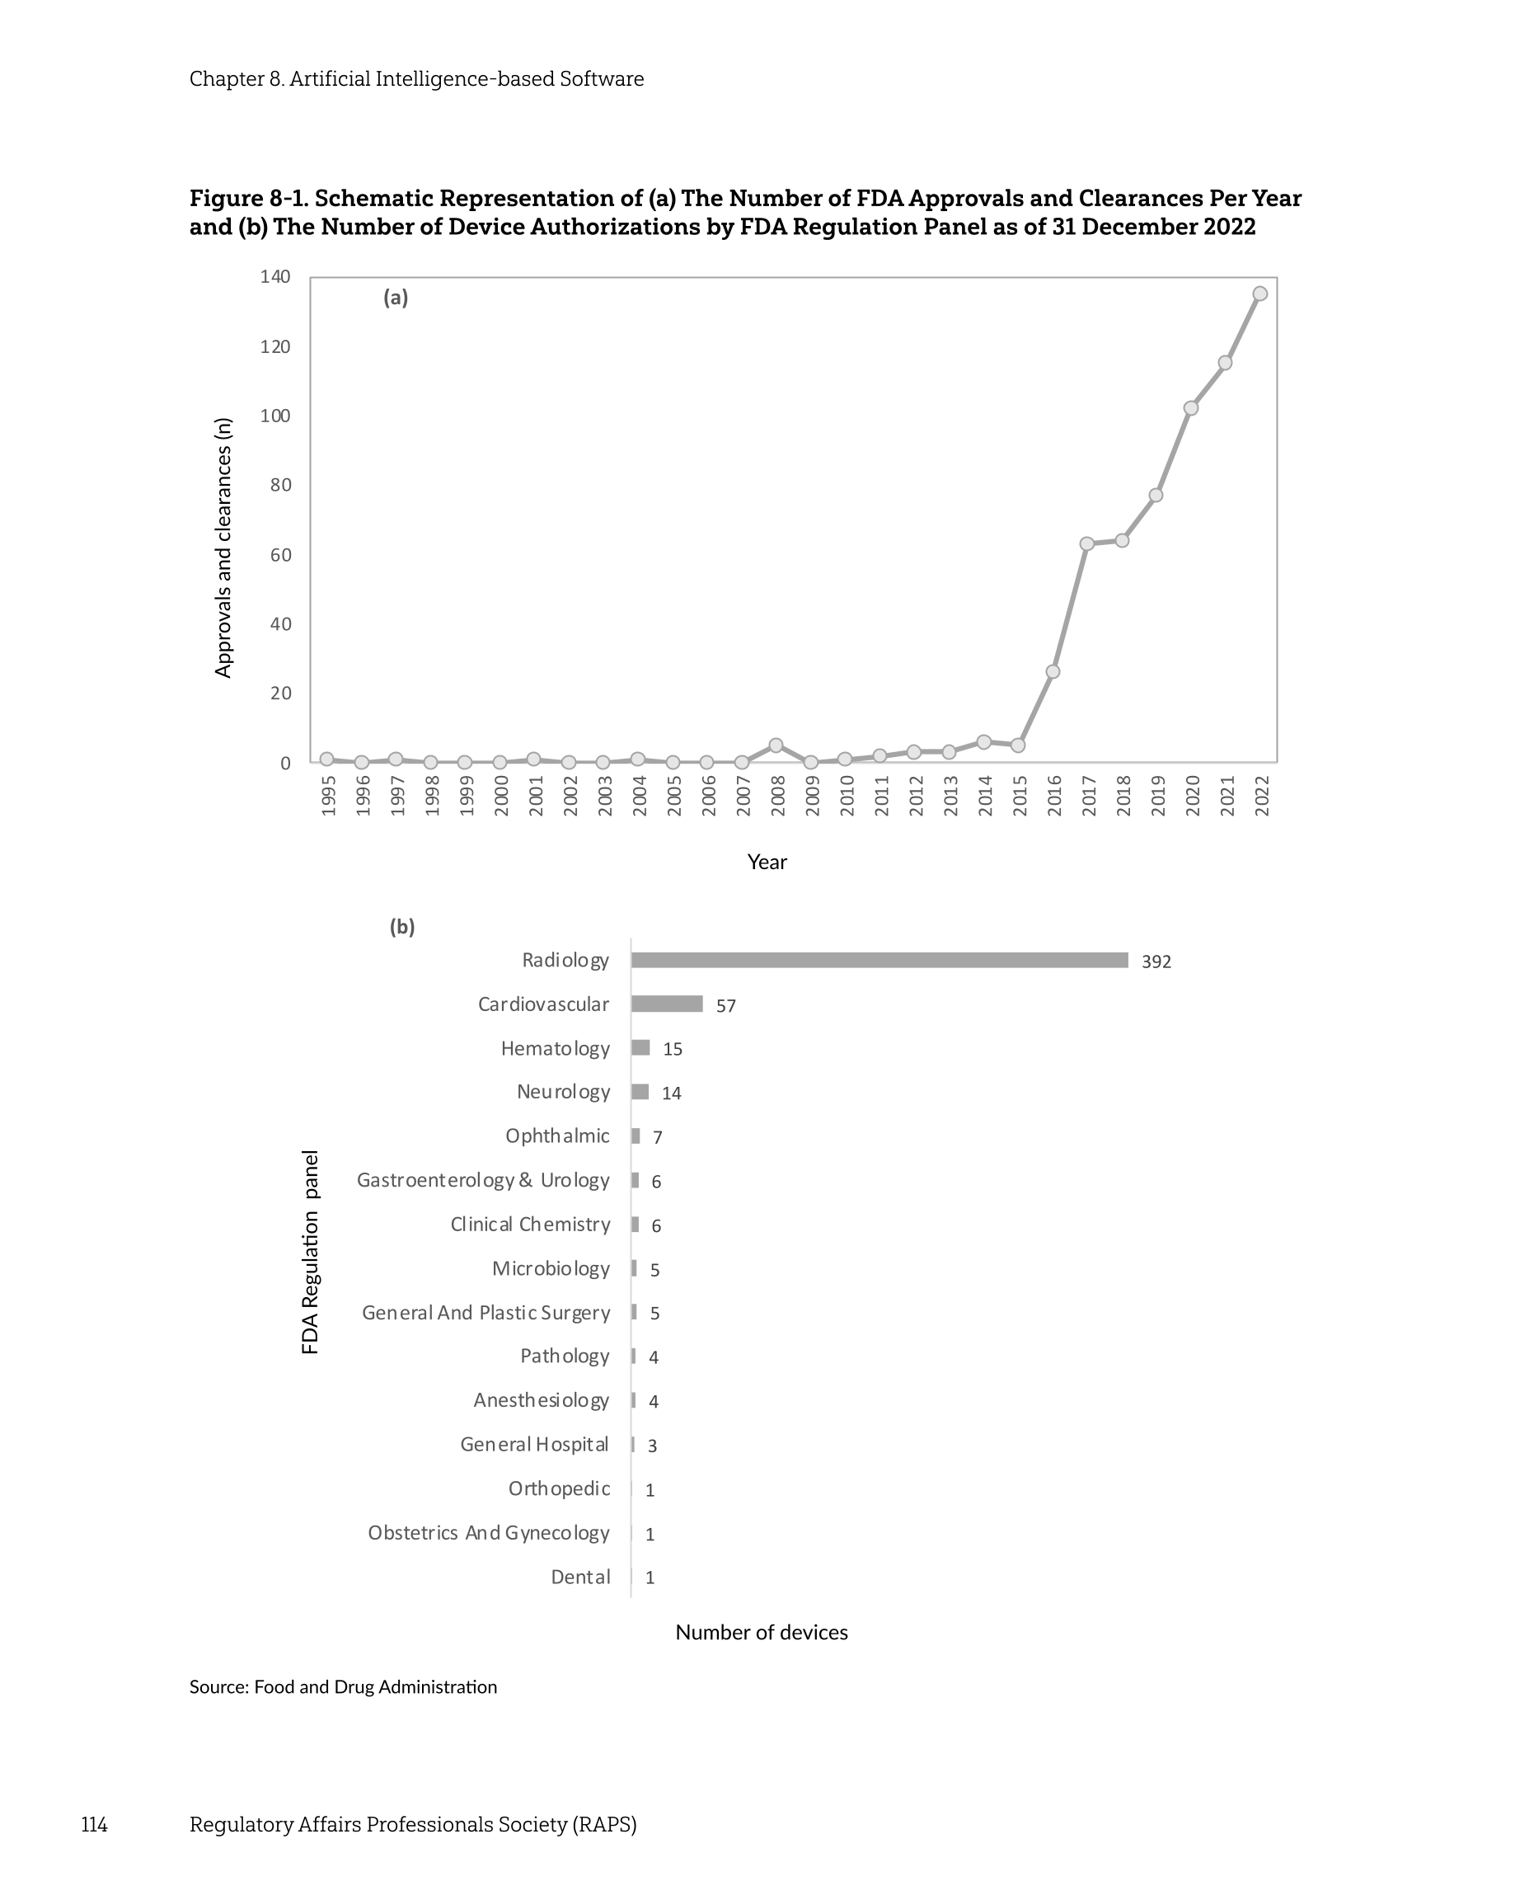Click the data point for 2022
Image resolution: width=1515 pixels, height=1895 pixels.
coord(1259,294)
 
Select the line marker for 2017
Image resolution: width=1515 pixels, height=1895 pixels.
coord(1087,543)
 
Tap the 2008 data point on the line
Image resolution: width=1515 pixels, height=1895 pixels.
coord(776,745)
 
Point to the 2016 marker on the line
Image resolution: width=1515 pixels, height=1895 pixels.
coord(1053,671)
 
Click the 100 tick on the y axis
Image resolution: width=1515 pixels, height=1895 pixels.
coord(275,416)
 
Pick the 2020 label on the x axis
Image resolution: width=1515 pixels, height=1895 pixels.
coord(1192,796)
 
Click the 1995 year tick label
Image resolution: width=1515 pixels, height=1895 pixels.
coord(328,796)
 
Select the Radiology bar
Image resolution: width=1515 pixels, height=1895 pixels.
coord(879,960)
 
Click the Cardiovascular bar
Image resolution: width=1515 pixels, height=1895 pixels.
coord(666,1004)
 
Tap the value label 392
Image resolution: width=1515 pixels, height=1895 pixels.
coord(1156,962)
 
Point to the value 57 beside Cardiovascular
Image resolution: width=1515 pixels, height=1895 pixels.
coord(725,1005)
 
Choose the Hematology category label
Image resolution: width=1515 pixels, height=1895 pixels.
coord(555,1049)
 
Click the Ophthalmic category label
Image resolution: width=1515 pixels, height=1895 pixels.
coord(557,1136)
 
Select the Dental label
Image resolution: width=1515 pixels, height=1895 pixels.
coord(580,1577)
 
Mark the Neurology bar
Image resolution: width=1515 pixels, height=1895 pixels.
coord(640,1092)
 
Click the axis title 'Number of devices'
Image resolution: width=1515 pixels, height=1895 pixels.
coord(761,1632)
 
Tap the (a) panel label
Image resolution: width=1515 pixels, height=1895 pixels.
coord(396,298)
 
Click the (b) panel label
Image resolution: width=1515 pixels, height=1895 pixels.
coord(401,927)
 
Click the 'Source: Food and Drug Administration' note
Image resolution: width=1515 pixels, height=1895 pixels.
coord(343,1686)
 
